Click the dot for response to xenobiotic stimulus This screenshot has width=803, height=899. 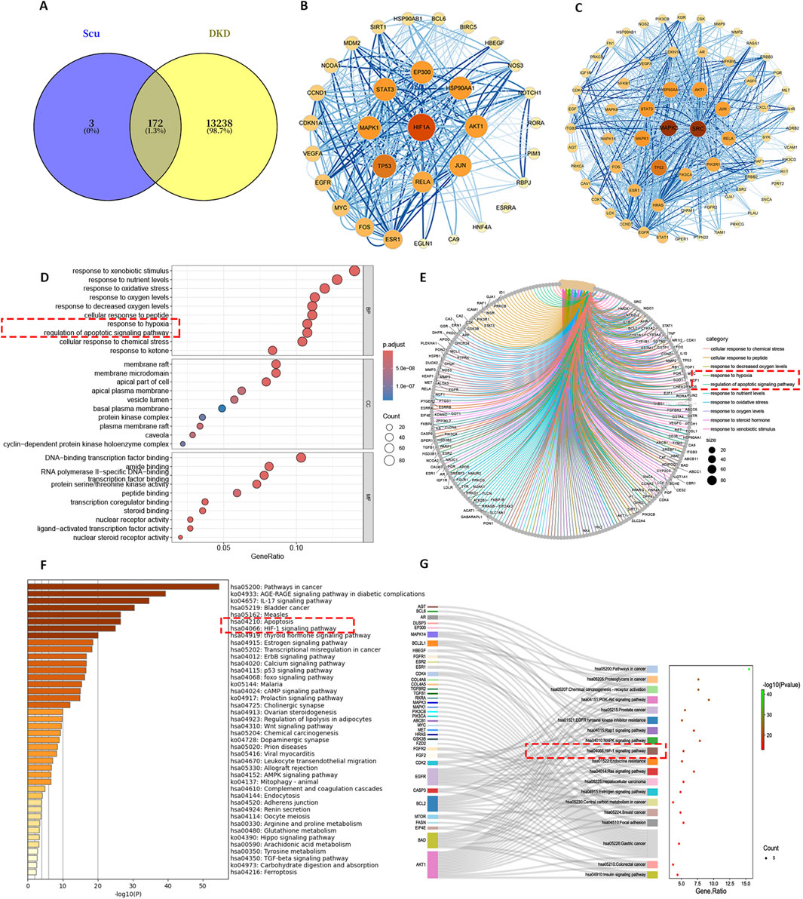coord(354,270)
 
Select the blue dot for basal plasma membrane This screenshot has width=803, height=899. coord(222,408)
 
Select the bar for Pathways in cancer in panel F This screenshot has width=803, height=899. coord(124,585)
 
